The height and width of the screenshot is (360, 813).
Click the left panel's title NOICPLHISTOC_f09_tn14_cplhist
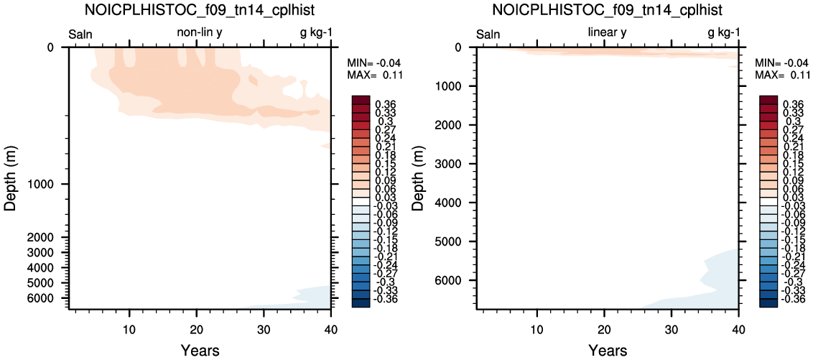point(200,10)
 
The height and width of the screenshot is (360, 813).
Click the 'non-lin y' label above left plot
point(200,33)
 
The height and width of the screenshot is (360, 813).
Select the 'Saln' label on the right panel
point(488,34)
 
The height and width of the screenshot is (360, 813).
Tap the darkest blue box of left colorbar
point(360,303)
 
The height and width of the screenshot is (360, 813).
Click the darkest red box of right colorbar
point(768,100)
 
